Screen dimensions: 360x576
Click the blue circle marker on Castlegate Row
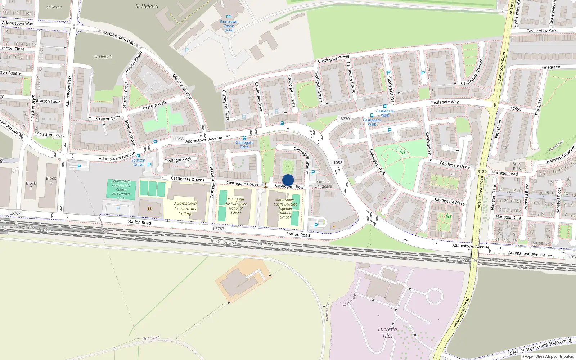coord(288,180)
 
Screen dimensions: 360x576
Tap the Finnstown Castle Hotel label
coord(229,26)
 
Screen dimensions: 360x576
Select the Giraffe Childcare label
coord(323,184)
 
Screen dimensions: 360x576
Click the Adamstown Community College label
coord(185,208)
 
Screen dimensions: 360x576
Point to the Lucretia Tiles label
coord(387,332)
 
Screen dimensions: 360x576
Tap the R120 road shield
coord(482,172)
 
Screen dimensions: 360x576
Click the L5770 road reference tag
coord(344,118)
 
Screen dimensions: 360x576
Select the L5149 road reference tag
coord(514,352)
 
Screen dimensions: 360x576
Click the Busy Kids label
coord(517,166)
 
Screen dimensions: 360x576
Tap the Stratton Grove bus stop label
coord(138,162)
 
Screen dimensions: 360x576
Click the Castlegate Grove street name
coord(333,59)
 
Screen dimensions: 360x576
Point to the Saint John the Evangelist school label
coord(236,206)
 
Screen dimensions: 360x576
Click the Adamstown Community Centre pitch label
coord(121,190)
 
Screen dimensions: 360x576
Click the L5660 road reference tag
coord(516,109)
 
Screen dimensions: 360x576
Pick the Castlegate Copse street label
coord(242,184)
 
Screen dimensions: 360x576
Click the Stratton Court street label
coord(50,135)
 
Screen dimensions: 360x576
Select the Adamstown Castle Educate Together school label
coord(285,208)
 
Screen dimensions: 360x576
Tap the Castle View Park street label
coord(541,31)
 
